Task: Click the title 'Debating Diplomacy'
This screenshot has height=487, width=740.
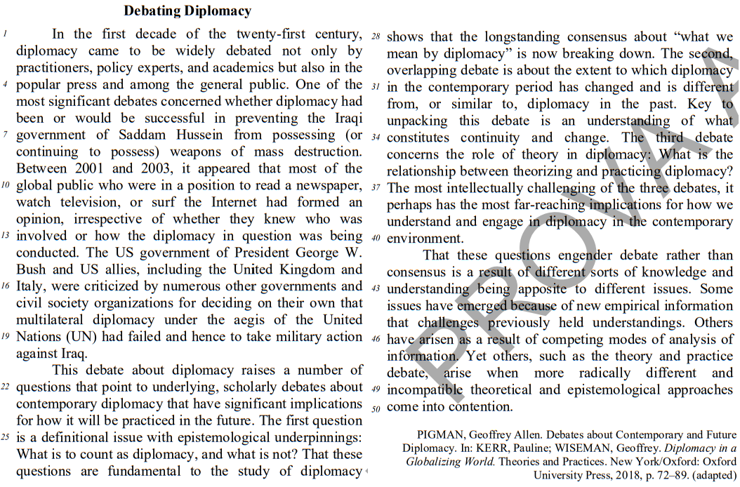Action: pyautogui.click(x=187, y=11)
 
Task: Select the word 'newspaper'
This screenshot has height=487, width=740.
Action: pyautogui.click(x=329, y=185)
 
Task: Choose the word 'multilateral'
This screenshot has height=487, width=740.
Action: pyautogui.click(x=50, y=320)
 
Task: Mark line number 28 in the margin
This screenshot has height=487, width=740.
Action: pyautogui.click(x=376, y=36)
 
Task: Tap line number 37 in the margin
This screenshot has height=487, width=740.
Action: pyautogui.click(x=376, y=187)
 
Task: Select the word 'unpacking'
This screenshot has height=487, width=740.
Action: pyautogui.click(x=417, y=121)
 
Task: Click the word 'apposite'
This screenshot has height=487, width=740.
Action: pyautogui.click(x=526, y=289)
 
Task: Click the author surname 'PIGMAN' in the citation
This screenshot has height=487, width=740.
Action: pyautogui.click(x=442, y=435)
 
